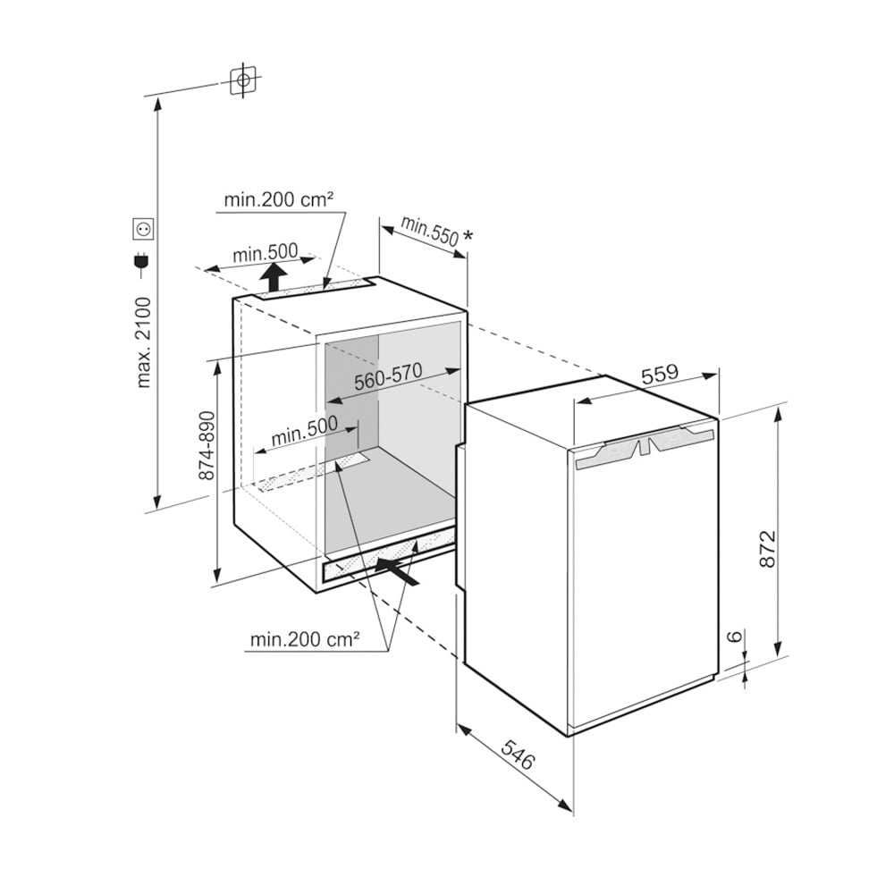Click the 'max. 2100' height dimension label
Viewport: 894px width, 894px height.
click(x=144, y=342)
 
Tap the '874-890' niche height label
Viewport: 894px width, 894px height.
click(x=207, y=445)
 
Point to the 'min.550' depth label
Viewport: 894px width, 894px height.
click(x=430, y=231)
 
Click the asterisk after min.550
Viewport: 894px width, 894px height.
click(x=468, y=235)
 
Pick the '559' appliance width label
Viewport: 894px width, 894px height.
click(x=661, y=374)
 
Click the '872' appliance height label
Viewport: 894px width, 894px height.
click(x=768, y=549)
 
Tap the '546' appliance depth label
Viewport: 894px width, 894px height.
click(x=519, y=754)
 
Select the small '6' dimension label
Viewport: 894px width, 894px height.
click(x=736, y=636)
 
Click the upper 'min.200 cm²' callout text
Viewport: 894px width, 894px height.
click(x=278, y=200)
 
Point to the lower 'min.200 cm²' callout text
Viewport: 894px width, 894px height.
click(x=305, y=640)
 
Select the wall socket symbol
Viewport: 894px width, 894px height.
click(x=142, y=229)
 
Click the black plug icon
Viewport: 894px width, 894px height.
click(x=140, y=260)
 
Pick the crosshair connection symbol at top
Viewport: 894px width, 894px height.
click(x=243, y=80)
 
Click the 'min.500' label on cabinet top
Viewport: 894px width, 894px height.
click(x=266, y=253)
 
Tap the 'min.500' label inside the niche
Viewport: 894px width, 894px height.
click(x=305, y=431)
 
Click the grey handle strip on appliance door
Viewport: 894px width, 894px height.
click(x=645, y=448)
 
